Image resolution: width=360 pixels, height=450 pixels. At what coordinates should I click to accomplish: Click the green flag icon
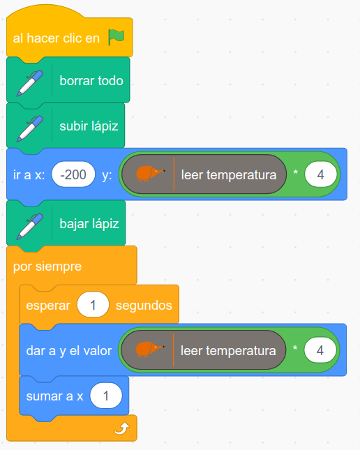[x=117, y=37]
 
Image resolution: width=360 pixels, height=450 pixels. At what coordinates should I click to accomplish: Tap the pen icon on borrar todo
[x=30, y=83]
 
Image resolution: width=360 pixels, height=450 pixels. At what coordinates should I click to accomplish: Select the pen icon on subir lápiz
[x=30, y=128]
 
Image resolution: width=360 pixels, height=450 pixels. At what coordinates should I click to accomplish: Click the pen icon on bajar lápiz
[x=30, y=226]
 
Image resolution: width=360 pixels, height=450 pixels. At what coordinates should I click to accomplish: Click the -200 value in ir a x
[x=73, y=174]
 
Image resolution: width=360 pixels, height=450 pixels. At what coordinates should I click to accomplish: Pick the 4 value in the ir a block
[x=321, y=174]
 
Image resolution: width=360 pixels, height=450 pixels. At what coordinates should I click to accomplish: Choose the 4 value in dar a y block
[x=320, y=350]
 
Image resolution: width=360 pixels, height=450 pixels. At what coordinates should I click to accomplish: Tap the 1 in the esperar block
[x=93, y=305]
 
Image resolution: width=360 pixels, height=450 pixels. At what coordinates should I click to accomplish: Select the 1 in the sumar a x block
[x=106, y=396]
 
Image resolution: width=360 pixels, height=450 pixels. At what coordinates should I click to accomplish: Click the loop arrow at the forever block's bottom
[x=122, y=429]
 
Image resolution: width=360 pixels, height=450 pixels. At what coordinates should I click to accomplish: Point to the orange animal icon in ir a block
[x=150, y=173]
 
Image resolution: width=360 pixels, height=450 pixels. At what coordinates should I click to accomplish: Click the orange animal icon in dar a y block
[x=149, y=349]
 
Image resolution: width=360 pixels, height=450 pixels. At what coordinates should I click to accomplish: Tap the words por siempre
[x=47, y=267]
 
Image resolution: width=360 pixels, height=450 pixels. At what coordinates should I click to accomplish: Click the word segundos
[x=144, y=306]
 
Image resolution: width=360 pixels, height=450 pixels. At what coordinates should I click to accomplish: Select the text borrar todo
[x=91, y=81]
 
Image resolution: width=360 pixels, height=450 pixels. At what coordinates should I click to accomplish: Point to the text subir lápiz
[x=89, y=126]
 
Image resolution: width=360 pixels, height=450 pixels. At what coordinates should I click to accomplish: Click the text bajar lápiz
[x=89, y=224]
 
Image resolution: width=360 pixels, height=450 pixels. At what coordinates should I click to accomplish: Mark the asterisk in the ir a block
[x=295, y=172]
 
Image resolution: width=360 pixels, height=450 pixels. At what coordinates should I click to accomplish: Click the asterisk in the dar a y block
[x=295, y=348]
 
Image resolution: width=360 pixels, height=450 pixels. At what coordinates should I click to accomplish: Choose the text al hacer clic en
[x=57, y=38]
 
